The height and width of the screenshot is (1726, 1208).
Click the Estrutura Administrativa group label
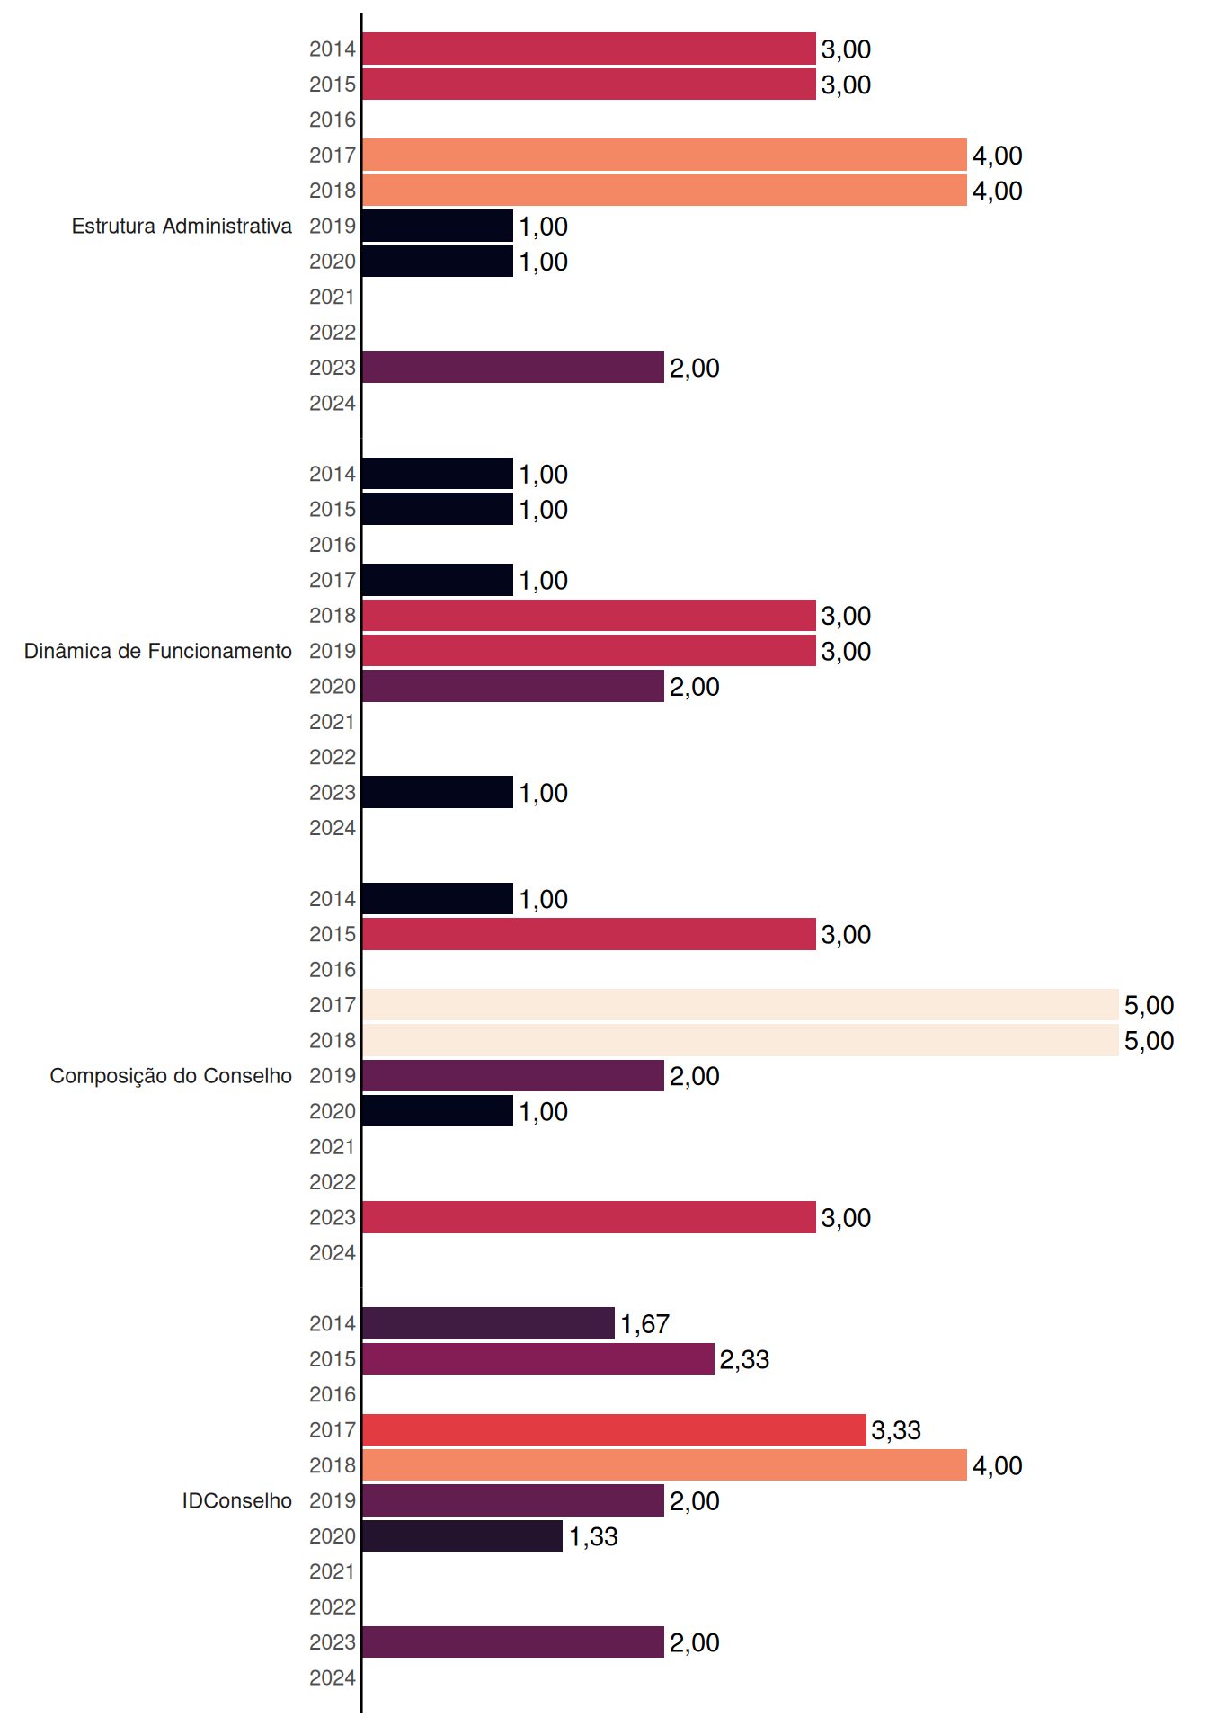182,226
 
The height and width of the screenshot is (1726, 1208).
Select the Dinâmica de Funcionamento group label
158,651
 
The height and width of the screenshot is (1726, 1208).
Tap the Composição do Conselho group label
171,1076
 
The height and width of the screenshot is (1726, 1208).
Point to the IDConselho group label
237,1500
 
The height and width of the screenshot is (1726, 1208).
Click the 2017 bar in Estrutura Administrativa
664,155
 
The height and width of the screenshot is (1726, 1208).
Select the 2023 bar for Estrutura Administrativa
513,368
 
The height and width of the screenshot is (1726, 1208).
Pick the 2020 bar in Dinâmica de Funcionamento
513,686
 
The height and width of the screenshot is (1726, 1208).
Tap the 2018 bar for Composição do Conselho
741,1040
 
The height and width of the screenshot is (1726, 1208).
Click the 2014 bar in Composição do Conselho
438,899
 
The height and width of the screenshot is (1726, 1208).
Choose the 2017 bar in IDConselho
614,1429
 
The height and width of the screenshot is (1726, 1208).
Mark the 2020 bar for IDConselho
463,1536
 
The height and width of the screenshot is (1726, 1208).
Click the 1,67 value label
644,1324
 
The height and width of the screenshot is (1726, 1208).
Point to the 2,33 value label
744,1359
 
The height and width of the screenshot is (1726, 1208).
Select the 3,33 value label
896,1430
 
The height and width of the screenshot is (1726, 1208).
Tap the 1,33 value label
593,1537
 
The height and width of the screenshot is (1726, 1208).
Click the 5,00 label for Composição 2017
1149,1005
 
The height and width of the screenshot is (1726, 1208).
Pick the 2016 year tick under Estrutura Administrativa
333,120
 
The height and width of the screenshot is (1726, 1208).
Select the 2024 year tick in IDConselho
333,1677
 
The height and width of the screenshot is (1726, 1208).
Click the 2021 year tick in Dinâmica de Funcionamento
333,722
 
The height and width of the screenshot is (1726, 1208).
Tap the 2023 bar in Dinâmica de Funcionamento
438,792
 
